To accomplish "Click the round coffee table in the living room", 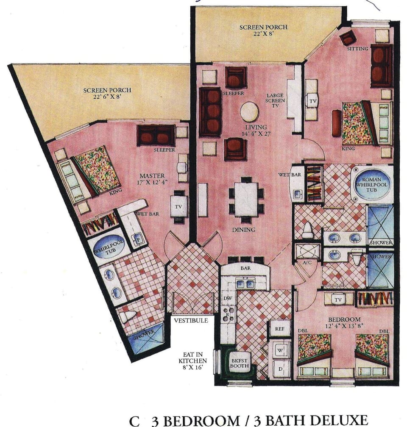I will [249, 112].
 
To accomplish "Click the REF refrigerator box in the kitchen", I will [280, 328].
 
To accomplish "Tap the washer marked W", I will [280, 350].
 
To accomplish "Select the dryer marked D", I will [280, 368].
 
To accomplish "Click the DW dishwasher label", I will [227, 298].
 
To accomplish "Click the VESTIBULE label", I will [191, 321].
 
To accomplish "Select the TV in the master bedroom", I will [179, 206].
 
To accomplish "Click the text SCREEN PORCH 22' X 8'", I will [263, 30].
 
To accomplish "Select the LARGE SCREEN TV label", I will [275, 101].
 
